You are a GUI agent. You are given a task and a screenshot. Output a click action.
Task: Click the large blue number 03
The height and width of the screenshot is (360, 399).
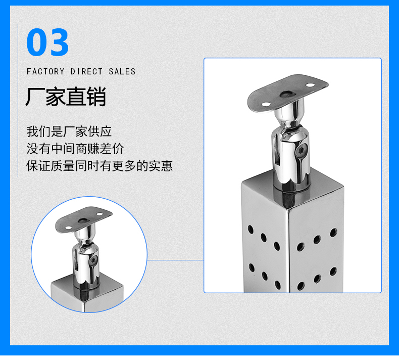click(x=47, y=42)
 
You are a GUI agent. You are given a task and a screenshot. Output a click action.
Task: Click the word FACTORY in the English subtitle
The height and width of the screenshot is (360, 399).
click(x=45, y=72)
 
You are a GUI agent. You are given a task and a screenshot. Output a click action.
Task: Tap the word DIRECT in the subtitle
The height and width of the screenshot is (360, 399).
click(x=86, y=72)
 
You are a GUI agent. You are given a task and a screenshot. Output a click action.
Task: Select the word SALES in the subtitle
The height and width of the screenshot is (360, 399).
click(x=122, y=72)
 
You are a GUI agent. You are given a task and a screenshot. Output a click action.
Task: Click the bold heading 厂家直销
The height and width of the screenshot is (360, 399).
click(x=66, y=97)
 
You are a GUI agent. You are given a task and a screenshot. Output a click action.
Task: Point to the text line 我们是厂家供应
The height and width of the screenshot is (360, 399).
click(x=69, y=131)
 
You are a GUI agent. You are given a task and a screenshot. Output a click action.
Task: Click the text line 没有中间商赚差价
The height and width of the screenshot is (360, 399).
click(x=75, y=149)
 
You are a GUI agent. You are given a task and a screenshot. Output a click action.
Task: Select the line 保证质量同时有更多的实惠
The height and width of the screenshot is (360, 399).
click(x=99, y=166)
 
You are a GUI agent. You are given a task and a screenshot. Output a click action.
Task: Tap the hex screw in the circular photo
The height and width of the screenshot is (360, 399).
click(x=93, y=260)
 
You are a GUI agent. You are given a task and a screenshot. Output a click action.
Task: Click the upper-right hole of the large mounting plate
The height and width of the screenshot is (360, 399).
click(x=310, y=85)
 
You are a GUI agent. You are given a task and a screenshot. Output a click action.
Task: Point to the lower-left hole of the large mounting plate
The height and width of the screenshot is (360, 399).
click(x=266, y=104)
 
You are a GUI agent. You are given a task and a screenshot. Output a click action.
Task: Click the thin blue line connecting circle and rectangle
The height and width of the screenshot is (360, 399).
click(x=176, y=260)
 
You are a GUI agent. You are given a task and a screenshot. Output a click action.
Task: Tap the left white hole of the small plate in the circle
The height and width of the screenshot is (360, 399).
click(x=69, y=228)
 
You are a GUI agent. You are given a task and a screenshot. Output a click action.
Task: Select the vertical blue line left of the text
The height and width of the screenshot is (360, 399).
click(x=18, y=101)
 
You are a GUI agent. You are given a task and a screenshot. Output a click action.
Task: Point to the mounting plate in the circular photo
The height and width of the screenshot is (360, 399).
click(x=84, y=219)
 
